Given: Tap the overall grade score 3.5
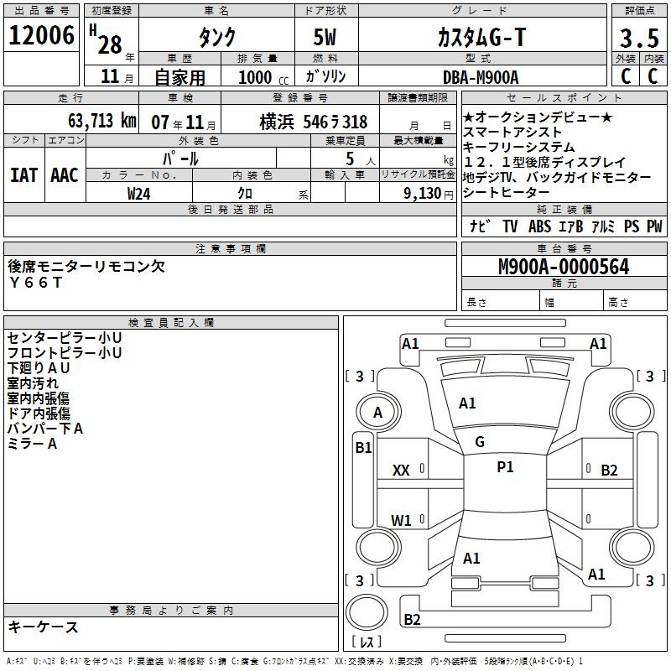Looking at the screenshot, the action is pyautogui.click(x=637, y=38).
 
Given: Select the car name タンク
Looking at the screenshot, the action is pyautogui.click(x=216, y=37).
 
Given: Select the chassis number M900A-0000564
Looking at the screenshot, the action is pyautogui.click(x=563, y=267).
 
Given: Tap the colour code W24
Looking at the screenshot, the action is pyautogui.click(x=139, y=193).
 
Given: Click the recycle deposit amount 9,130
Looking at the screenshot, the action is pyautogui.click(x=424, y=193).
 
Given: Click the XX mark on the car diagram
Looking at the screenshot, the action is pyautogui.click(x=401, y=471).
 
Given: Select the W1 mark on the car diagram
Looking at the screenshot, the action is pyautogui.click(x=401, y=521).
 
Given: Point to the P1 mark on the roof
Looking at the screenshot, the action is pyautogui.click(x=505, y=467).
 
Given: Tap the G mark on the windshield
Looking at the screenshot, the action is pyautogui.click(x=480, y=442).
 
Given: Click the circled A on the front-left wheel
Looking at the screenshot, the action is pyautogui.click(x=377, y=412).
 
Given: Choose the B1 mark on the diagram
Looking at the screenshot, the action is pyautogui.click(x=362, y=448).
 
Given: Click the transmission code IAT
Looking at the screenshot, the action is pyautogui.click(x=23, y=175).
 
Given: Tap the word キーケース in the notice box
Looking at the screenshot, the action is pyautogui.click(x=43, y=627).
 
